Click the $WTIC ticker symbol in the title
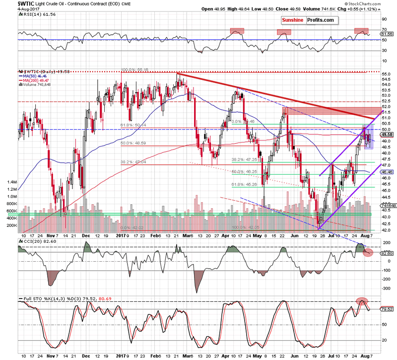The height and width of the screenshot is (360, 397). pyautogui.click(x=11, y=3)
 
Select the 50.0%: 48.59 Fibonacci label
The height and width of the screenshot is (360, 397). pyautogui.click(x=134, y=144)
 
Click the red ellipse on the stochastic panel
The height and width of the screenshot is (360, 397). pyautogui.click(x=362, y=301)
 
